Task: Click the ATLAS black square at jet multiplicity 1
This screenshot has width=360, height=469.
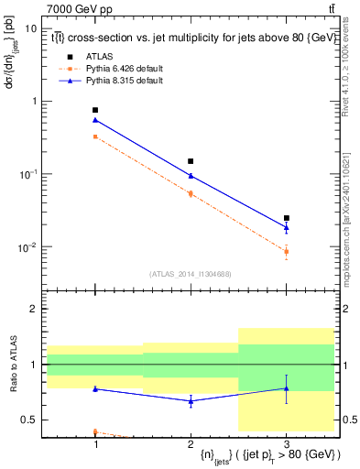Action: click(x=95, y=110)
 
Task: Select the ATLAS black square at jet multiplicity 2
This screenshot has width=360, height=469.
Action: click(x=191, y=161)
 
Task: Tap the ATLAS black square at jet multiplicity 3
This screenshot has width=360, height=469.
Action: click(x=286, y=218)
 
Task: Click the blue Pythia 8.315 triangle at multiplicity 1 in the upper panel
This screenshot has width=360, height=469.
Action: click(x=95, y=120)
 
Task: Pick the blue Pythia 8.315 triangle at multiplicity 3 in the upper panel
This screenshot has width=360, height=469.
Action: click(x=286, y=227)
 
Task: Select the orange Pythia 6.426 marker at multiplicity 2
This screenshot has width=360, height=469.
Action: click(x=191, y=193)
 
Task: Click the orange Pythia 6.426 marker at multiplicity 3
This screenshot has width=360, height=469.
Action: click(x=286, y=251)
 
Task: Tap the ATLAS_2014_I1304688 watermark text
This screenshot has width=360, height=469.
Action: click(x=191, y=273)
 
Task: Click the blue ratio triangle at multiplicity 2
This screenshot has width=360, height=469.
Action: click(x=191, y=401)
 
